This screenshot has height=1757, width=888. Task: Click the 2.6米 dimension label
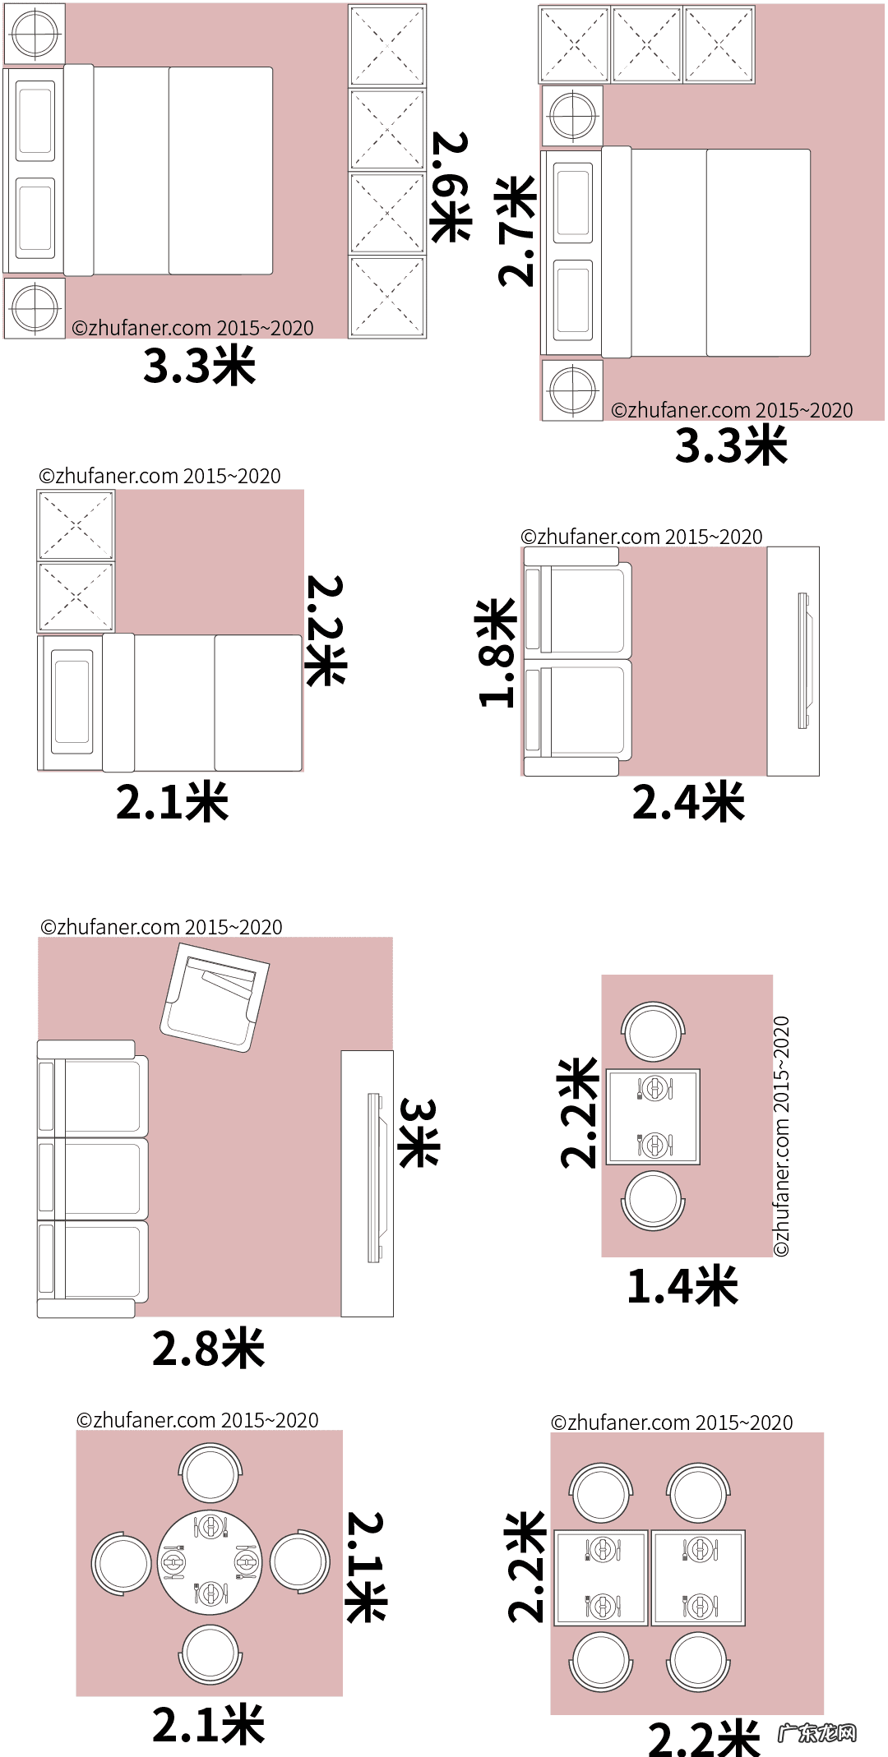pos(451,187)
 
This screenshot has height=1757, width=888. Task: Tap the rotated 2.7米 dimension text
pos(516,231)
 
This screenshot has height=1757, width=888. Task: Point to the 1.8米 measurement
pos(497,653)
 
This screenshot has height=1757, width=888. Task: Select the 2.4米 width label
pos(688,803)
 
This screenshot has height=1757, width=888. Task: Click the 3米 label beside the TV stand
pos(418,1132)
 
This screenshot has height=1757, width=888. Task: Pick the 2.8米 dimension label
pos(209,1349)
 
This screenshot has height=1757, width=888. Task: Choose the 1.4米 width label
pos(682,1286)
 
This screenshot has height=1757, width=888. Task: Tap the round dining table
pos(210,1562)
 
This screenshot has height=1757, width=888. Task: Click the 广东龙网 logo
pos(817,1733)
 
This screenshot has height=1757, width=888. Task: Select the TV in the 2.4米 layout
pos(803,661)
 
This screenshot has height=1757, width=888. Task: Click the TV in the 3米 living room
pos(376,1177)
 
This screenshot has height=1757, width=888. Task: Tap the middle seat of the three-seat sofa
pos(95,1178)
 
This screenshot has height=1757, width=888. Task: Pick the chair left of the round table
pos(122,1562)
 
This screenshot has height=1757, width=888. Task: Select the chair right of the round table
pos(299,1561)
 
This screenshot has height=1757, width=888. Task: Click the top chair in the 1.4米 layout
pos(653,1031)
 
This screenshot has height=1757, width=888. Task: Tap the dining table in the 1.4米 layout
pos(653,1116)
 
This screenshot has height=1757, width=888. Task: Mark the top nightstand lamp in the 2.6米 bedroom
pos(35,34)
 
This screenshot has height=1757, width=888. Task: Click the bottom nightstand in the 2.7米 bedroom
pos(572,390)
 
